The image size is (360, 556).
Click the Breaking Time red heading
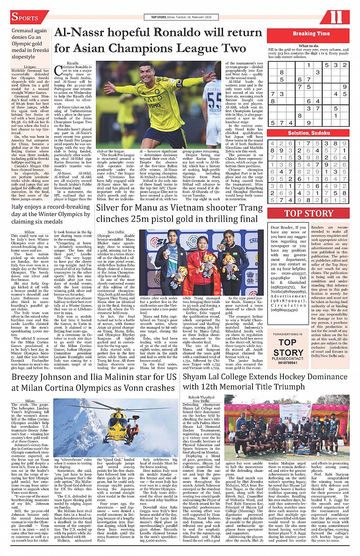(x=311, y=34)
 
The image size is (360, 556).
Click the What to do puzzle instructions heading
(x=309, y=46)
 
